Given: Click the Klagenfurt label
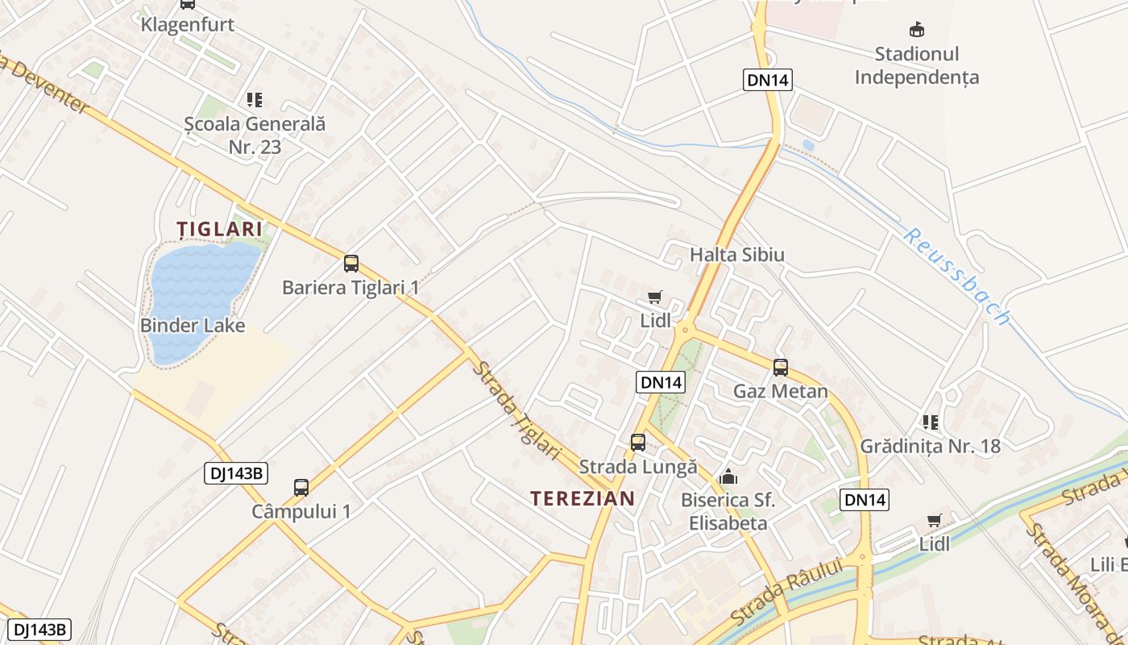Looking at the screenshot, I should pos(187,24).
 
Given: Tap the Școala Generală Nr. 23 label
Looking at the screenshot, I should pos(255,135).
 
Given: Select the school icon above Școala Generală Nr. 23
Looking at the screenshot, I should pos(255,100).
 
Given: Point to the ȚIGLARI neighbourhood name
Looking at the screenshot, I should pos(220,229).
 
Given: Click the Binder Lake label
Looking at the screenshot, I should pos(193,326).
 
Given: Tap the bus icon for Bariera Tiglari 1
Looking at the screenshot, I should pos(351,263).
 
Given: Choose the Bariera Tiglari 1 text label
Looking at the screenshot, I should pos(350,287).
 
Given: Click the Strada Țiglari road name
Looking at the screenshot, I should pos(516,410).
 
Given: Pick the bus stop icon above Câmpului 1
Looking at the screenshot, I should pos(301,487).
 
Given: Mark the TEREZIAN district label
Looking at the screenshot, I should pos(583,498).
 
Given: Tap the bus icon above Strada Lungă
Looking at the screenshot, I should pos(638,442).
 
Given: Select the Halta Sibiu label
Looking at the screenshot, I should pos(736,255).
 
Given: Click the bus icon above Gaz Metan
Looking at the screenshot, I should pos(781,368).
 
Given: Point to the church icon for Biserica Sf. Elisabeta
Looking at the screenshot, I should pos(728,476).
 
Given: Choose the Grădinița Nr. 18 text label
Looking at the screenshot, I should pos(930,446).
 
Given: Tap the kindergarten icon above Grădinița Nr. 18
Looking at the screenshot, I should pos(931,422).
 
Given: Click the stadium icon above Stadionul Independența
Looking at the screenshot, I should pos(916,31).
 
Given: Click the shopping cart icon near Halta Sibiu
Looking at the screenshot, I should pos(655,297).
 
